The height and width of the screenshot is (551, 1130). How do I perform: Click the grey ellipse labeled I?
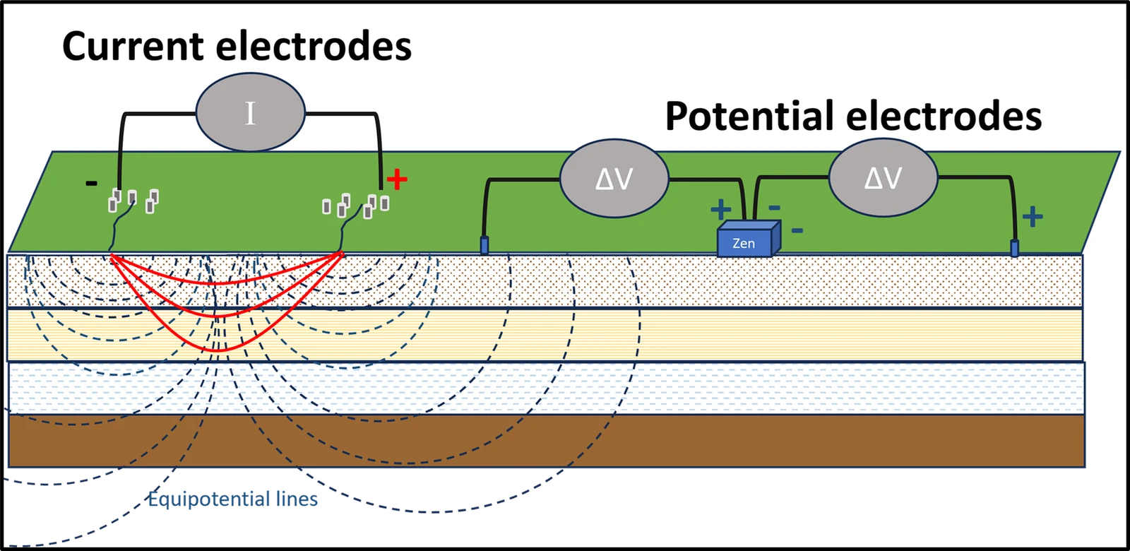point(250,114)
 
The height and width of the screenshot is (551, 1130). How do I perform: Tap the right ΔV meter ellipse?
point(883,178)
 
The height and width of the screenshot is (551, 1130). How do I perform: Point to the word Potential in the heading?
point(749,117)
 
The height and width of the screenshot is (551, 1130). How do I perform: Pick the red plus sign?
point(398,180)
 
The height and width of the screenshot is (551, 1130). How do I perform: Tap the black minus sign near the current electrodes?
point(91,184)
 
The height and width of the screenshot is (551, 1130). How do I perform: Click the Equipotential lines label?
point(234,500)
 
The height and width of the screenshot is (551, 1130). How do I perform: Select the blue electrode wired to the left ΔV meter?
point(484,246)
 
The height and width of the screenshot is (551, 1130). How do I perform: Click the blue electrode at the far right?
point(1014,248)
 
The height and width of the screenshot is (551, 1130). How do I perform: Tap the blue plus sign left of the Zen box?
point(720,209)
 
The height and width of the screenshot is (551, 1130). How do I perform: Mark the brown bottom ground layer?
point(706,441)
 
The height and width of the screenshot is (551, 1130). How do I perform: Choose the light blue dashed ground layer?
point(706,387)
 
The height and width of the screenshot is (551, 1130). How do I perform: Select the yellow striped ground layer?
point(706,334)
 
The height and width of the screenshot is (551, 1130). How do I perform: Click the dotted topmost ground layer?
point(777,280)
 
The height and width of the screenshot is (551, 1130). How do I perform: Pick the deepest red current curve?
point(225,350)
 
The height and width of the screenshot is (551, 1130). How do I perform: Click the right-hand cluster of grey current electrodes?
point(357,205)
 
